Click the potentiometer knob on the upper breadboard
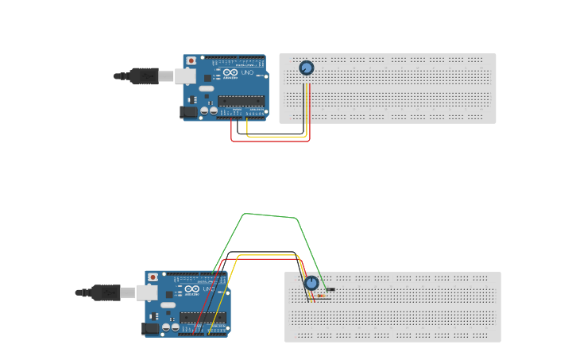306,68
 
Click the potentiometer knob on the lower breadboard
311,283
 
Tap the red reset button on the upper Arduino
191,60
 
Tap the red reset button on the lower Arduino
153,277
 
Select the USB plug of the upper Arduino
144,76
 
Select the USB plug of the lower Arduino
106,292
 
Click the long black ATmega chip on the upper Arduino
241,101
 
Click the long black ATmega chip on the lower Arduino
203,317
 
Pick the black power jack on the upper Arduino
189,112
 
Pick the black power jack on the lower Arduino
150,328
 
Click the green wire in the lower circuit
270,215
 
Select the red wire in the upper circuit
270,141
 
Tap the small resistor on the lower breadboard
321,296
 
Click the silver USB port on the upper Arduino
185,76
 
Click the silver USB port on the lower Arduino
147,292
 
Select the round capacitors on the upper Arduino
209,111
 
